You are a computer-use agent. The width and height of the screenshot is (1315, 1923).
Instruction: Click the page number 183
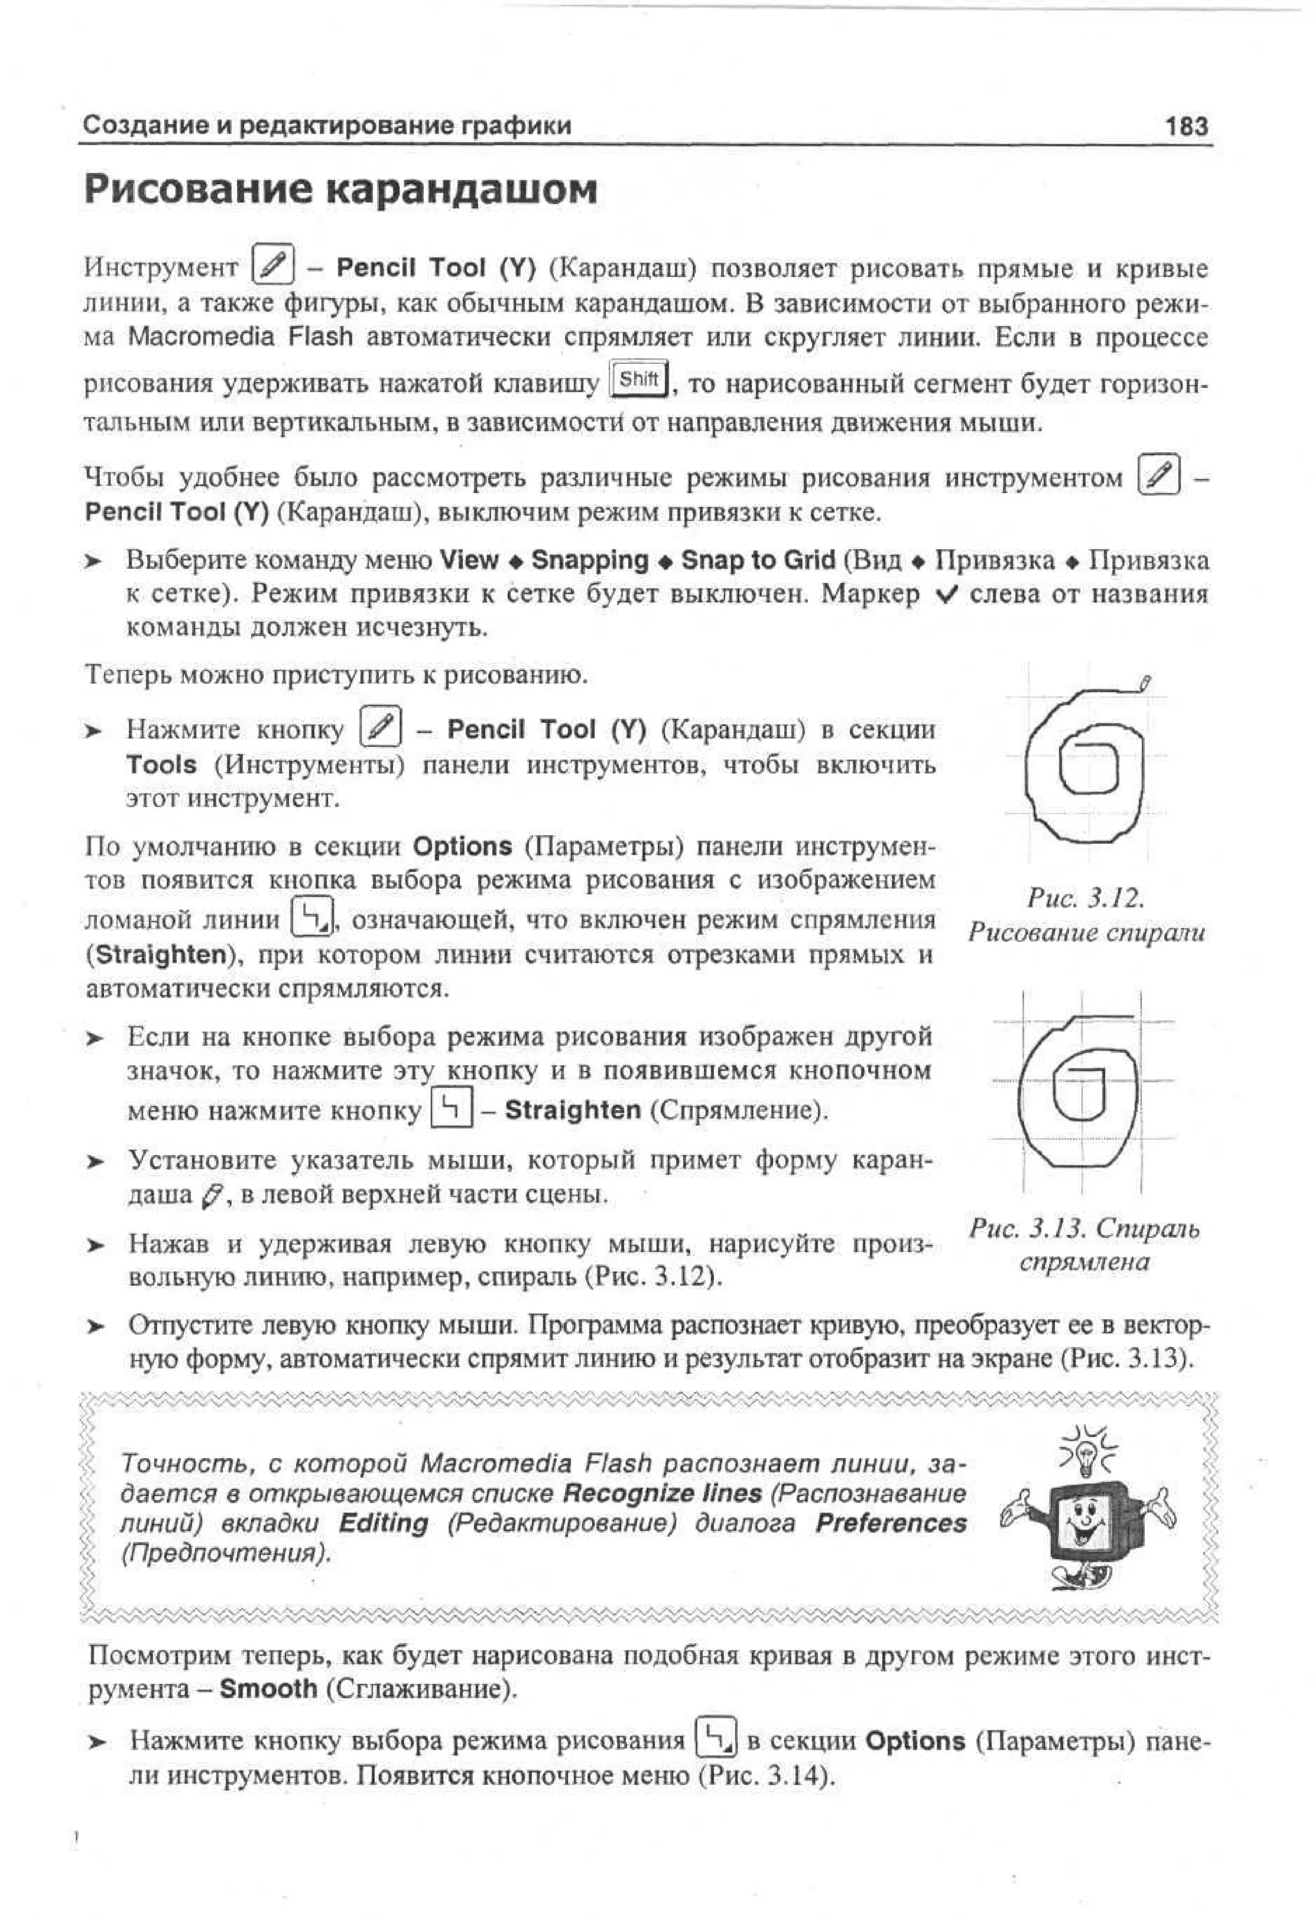(1186, 126)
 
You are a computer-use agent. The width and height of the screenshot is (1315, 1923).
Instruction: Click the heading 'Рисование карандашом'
(340, 189)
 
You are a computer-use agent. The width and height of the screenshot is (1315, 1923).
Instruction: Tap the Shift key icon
(639, 380)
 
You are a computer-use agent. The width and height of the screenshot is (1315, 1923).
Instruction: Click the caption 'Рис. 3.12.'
(1085, 897)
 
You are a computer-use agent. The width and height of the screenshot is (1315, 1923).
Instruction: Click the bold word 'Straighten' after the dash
(572, 1109)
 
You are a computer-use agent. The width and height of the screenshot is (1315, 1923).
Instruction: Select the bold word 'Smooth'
(268, 1688)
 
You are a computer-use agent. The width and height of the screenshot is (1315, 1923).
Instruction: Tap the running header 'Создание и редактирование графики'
(327, 126)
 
